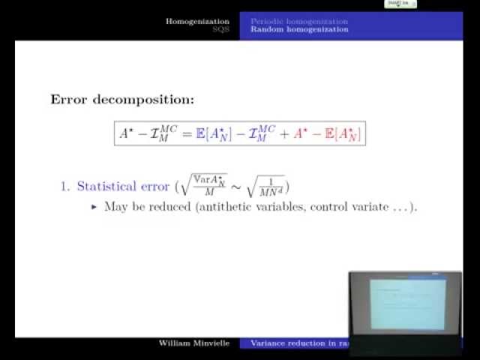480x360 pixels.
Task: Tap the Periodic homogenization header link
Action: point(298,21)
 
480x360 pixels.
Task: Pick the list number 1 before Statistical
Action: point(64,187)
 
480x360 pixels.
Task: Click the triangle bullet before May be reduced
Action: point(94,206)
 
